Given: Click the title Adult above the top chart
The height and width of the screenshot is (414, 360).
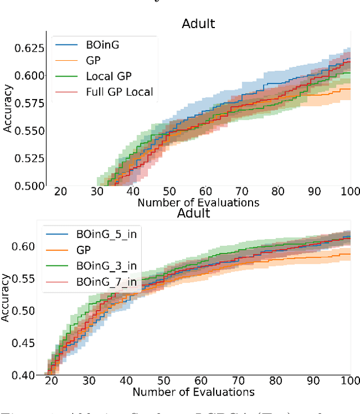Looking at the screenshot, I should [x=199, y=25].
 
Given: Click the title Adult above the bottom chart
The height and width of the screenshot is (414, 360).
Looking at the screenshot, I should [x=193, y=214].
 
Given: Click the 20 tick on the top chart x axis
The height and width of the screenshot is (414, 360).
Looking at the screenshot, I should [x=60, y=191].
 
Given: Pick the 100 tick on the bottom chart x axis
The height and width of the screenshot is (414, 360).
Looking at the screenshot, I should [x=350, y=381].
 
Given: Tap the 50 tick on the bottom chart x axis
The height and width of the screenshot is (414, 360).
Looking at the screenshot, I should [x=164, y=381].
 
